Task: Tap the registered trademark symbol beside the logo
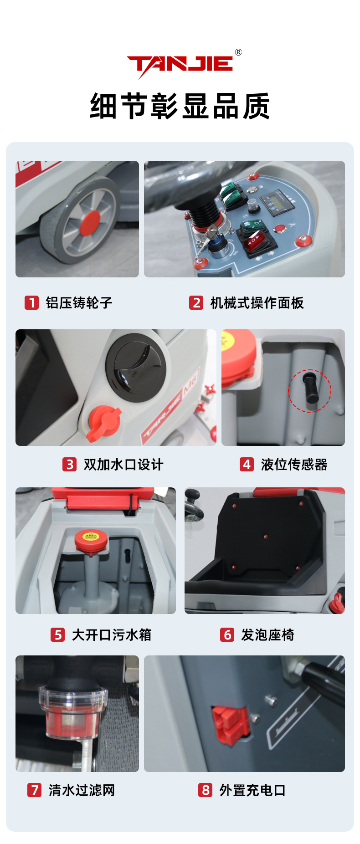(238, 52)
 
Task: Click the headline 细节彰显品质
(180, 106)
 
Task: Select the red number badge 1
(31, 302)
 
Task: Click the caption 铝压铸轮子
(79, 303)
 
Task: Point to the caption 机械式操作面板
(257, 303)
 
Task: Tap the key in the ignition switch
(210, 234)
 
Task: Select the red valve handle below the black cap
(104, 424)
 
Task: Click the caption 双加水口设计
(123, 465)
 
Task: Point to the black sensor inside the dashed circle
(312, 388)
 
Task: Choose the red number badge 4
(247, 464)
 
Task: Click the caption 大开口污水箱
(112, 635)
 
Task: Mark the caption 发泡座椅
(267, 635)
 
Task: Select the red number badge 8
(205, 790)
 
